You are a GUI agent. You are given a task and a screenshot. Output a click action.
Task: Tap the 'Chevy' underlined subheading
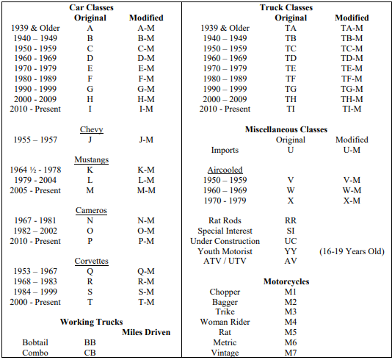pyautogui.click(x=91, y=130)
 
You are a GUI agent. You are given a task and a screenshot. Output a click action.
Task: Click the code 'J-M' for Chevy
pyautogui.click(x=145, y=140)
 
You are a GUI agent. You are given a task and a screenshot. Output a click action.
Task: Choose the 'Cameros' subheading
pyautogui.click(x=91, y=210)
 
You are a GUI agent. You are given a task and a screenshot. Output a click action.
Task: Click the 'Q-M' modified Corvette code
pyautogui.click(x=145, y=270)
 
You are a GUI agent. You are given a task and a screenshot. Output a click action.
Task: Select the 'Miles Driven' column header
pyautogui.click(x=145, y=332)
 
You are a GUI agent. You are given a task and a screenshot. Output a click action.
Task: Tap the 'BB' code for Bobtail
pyautogui.click(x=90, y=342)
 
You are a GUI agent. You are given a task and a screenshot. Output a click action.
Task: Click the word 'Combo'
pyautogui.click(x=35, y=353)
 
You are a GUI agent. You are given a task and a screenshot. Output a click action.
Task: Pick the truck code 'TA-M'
pyautogui.click(x=352, y=28)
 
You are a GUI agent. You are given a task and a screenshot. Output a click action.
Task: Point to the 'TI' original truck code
pyautogui.click(x=291, y=109)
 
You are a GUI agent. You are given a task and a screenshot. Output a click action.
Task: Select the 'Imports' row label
pyautogui.click(x=225, y=150)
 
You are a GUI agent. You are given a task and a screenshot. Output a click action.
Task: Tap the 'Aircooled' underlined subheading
pyautogui.click(x=225, y=170)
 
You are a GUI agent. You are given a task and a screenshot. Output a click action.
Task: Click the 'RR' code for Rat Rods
pyautogui.click(x=291, y=220)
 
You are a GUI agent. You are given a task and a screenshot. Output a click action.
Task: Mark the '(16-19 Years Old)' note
pyautogui.click(x=352, y=251)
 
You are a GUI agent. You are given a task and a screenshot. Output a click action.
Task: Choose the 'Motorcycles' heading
pyautogui.click(x=286, y=281)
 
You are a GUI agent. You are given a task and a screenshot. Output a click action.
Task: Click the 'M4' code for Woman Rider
pyautogui.click(x=291, y=322)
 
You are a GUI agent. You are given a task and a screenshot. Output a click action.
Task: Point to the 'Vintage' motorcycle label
pyautogui.click(x=225, y=353)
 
